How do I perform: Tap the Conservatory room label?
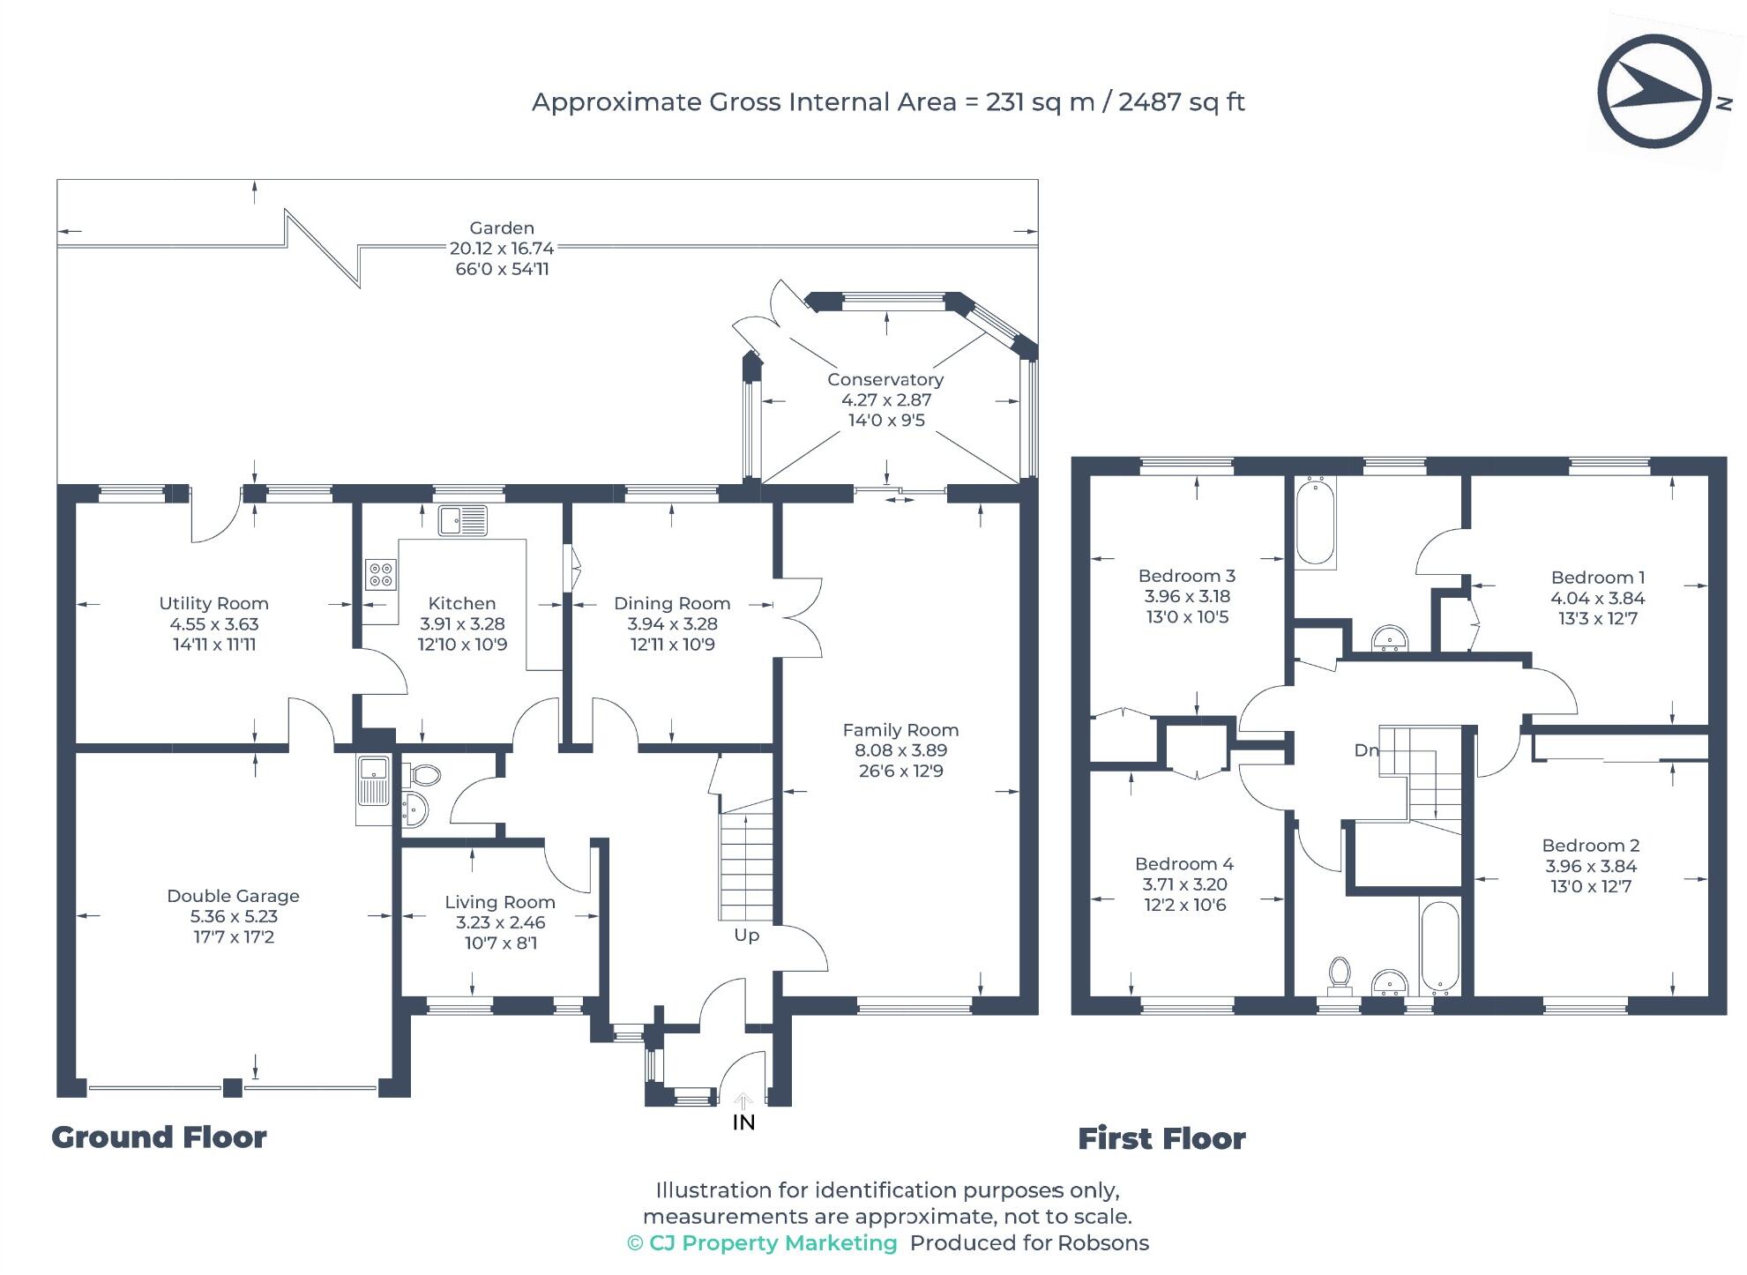coord(885,380)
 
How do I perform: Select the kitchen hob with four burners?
coord(381,575)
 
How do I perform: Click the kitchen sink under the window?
coord(463,520)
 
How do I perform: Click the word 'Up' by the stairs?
coord(746,936)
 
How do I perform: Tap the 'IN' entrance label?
coord(743,1122)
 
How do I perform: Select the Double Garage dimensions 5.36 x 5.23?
coord(234,917)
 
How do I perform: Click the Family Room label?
coord(900,730)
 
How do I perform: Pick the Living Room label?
coord(500,902)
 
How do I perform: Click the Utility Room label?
coord(213,604)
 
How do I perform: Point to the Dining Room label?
coord(672,604)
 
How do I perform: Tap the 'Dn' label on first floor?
coord(1366,750)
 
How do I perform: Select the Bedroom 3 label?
coord(1186,576)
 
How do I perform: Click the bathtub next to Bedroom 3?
coord(1315,520)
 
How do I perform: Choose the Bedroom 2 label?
coord(1591,846)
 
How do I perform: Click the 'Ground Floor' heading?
coord(159,1137)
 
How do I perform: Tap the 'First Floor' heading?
coord(1161,1139)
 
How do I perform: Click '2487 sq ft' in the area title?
coord(1182,102)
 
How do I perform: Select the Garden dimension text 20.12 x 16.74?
coord(502,249)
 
